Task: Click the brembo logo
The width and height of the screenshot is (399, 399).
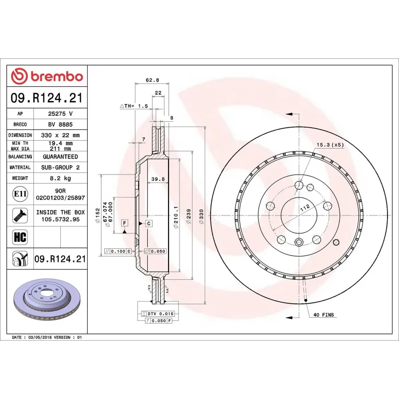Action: (x=47, y=76)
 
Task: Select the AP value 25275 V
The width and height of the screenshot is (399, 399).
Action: (x=60, y=114)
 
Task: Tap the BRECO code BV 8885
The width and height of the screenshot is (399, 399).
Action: (x=60, y=125)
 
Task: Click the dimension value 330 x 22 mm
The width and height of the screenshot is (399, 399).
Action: (x=60, y=135)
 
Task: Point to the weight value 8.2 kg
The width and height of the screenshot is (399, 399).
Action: (x=60, y=178)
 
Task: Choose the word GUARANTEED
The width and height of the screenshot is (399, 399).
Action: (x=60, y=157)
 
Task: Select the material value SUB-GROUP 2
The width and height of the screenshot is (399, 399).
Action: (x=60, y=168)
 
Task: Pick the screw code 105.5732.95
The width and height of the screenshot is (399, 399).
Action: (x=60, y=219)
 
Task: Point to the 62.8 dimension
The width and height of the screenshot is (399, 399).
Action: (x=152, y=80)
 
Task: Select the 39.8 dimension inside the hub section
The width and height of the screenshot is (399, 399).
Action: (x=158, y=179)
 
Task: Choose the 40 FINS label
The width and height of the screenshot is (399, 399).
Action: (x=324, y=315)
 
